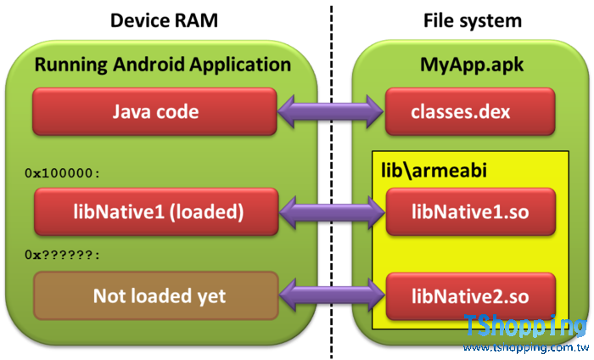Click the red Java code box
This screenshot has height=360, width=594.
click(x=156, y=111)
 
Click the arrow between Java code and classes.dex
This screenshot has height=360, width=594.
click(x=332, y=111)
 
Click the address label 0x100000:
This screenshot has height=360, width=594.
click(x=63, y=172)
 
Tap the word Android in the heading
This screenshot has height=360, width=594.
click(x=149, y=65)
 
